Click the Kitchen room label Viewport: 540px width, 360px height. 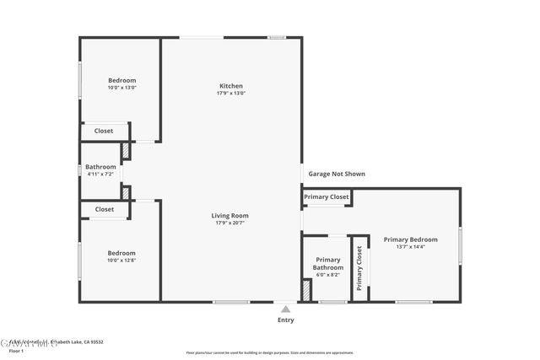[231, 86]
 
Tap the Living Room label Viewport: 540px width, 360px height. [229, 216]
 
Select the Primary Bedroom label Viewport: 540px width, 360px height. [410, 239]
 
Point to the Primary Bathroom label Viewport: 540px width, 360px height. [327, 264]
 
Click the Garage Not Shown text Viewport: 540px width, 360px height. [336, 174]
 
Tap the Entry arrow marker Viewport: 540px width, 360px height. [286, 309]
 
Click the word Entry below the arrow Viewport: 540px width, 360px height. [286, 320]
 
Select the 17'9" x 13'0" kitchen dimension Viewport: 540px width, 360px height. [231, 94]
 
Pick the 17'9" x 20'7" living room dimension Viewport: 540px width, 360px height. [229, 223]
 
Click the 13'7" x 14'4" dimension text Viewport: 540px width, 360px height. [410, 247]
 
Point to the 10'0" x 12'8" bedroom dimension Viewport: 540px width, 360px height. [121, 261]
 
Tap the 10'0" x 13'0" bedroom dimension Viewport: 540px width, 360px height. [121, 88]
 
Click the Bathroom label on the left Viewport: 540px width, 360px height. [100, 167]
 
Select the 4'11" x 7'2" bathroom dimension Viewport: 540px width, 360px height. [100, 175]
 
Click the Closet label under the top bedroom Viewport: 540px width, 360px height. [104, 131]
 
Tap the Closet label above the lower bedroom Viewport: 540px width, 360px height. [105, 209]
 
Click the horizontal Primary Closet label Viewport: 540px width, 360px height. [327, 197]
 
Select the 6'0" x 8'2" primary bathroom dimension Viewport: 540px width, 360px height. [327, 275]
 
